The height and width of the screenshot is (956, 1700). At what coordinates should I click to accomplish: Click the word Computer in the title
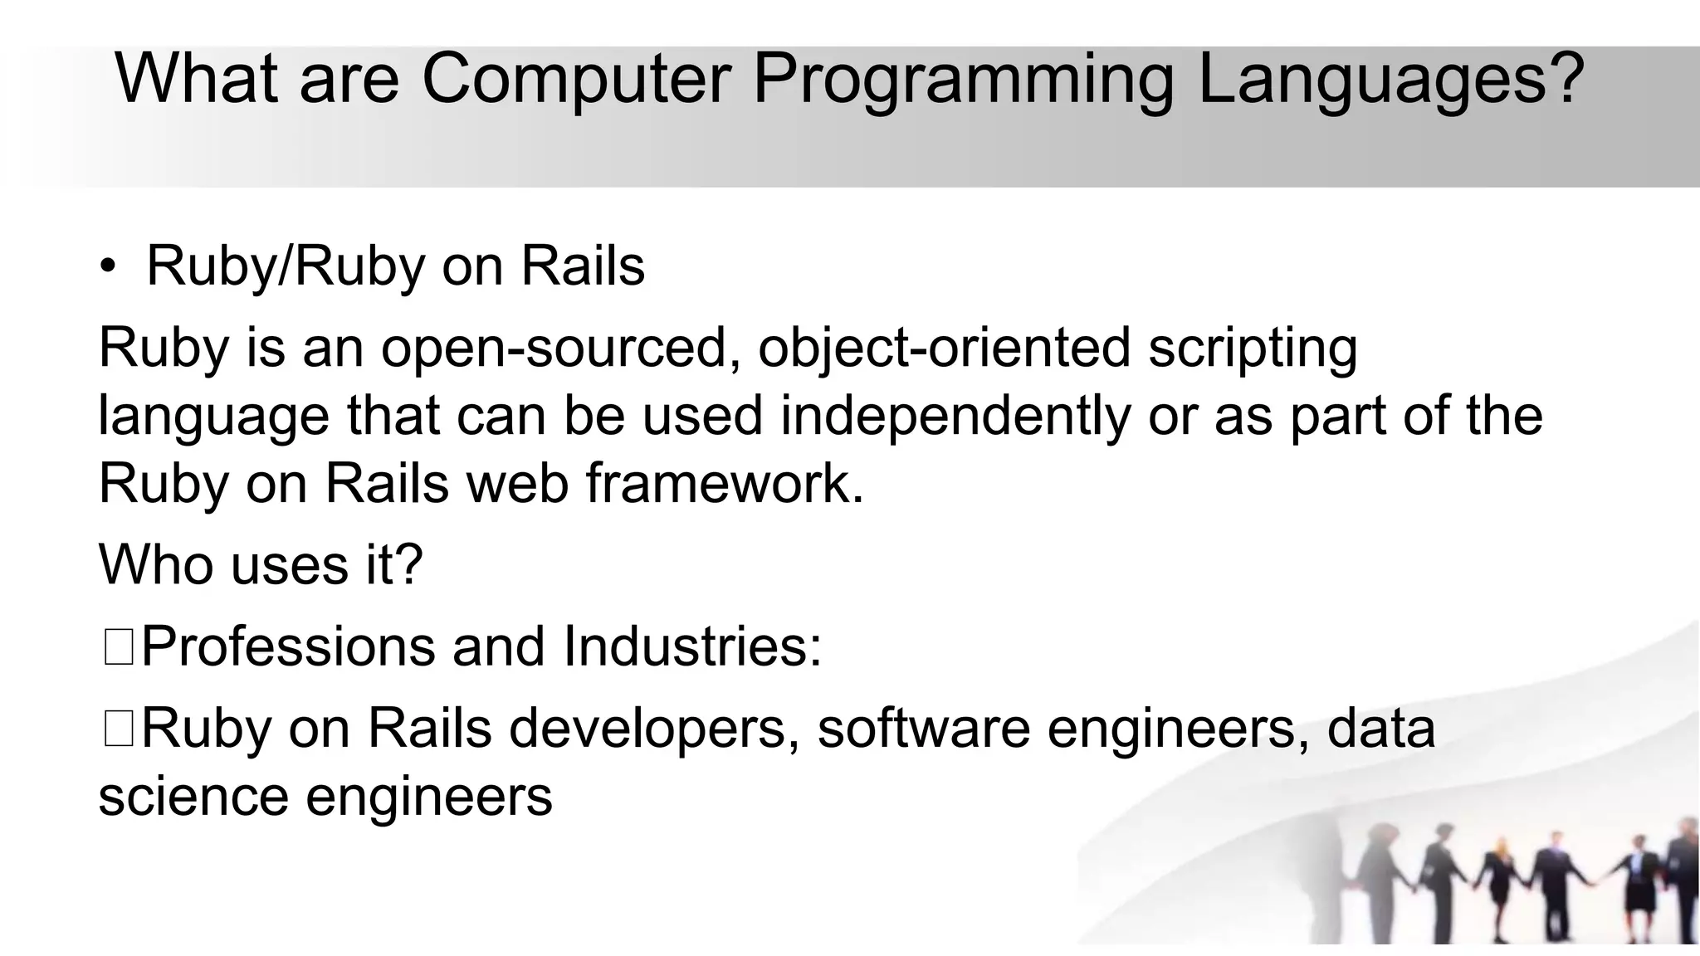click(x=576, y=79)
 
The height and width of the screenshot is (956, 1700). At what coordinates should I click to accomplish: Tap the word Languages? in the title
click(x=1391, y=79)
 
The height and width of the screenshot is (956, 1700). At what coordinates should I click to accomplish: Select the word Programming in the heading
click(x=963, y=79)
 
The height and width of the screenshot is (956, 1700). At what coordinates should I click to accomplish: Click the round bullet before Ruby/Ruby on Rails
click(x=108, y=267)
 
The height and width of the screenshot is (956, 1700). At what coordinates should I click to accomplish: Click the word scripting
click(x=1253, y=349)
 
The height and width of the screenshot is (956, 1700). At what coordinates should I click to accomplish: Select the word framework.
click(x=725, y=483)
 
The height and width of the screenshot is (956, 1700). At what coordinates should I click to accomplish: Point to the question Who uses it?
click(x=261, y=564)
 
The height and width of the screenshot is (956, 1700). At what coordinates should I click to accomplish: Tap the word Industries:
click(x=692, y=646)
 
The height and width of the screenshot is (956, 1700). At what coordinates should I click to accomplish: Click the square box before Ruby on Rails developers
click(x=119, y=729)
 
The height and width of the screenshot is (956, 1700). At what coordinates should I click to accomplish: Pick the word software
click(x=922, y=729)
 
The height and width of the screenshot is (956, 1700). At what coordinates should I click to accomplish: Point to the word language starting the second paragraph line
click(x=213, y=417)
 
